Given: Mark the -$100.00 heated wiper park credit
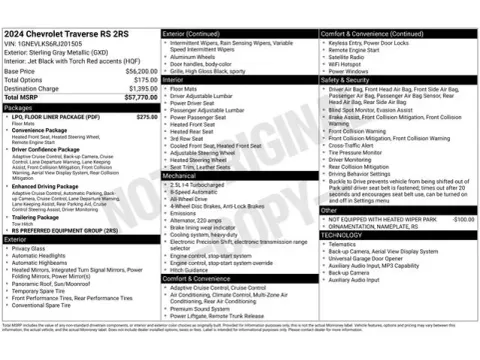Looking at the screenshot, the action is (x=460, y=219).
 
